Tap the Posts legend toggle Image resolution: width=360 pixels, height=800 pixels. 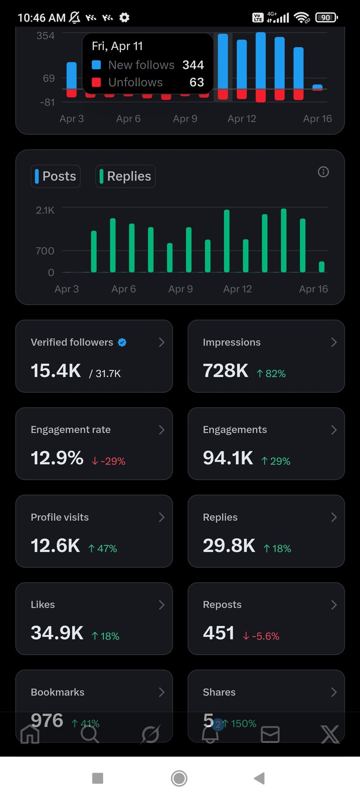(x=56, y=176)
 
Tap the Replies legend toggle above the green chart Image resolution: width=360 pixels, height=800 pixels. (x=125, y=176)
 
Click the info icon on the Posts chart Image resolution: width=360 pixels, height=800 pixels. (x=323, y=172)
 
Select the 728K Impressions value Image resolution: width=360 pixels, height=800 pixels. (x=225, y=371)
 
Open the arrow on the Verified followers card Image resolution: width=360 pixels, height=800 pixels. (x=162, y=342)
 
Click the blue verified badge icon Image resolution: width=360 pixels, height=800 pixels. (x=122, y=342)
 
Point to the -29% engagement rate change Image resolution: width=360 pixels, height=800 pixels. (x=109, y=461)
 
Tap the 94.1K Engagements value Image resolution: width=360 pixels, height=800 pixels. (x=228, y=458)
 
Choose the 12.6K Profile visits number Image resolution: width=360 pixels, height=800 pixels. (x=55, y=546)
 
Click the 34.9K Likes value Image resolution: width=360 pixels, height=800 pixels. (x=57, y=633)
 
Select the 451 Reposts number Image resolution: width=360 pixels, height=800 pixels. (x=219, y=633)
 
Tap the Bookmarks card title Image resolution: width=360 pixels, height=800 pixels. (x=58, y=692)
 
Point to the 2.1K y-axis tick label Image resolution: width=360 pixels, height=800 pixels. (x=45, y=210)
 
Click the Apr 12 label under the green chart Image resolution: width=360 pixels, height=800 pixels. (x=238, y=289)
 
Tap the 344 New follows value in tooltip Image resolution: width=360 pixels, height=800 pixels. (x=193, y=65)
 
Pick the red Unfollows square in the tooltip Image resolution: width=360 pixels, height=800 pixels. (x=96, y=82)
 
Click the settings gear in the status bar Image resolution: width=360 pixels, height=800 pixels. (x=124, y=18)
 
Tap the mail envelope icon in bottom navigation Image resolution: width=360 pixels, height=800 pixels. (x=270, y=735)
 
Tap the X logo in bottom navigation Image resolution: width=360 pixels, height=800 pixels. (x=330, y=734)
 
